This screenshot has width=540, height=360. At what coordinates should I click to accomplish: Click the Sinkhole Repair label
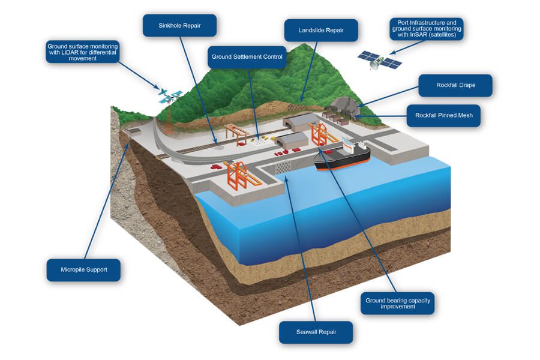pyautogui.click(x=179, y=26)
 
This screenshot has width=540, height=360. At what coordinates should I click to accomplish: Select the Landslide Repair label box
pyautogui.click(x=320, y=29)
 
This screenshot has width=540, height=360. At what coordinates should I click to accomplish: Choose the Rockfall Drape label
pyautogui.click(x=455, y=85)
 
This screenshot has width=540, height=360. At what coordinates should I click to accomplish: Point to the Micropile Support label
pyautogui.click(x=83, y=269)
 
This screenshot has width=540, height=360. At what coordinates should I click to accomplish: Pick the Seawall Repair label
pyautogui.click(x=316, y=332)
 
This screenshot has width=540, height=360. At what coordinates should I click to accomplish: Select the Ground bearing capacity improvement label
pyautogui.click(x=398, y=303)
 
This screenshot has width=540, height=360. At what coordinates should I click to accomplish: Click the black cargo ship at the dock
pyautogui.click(x=342, y=157)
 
